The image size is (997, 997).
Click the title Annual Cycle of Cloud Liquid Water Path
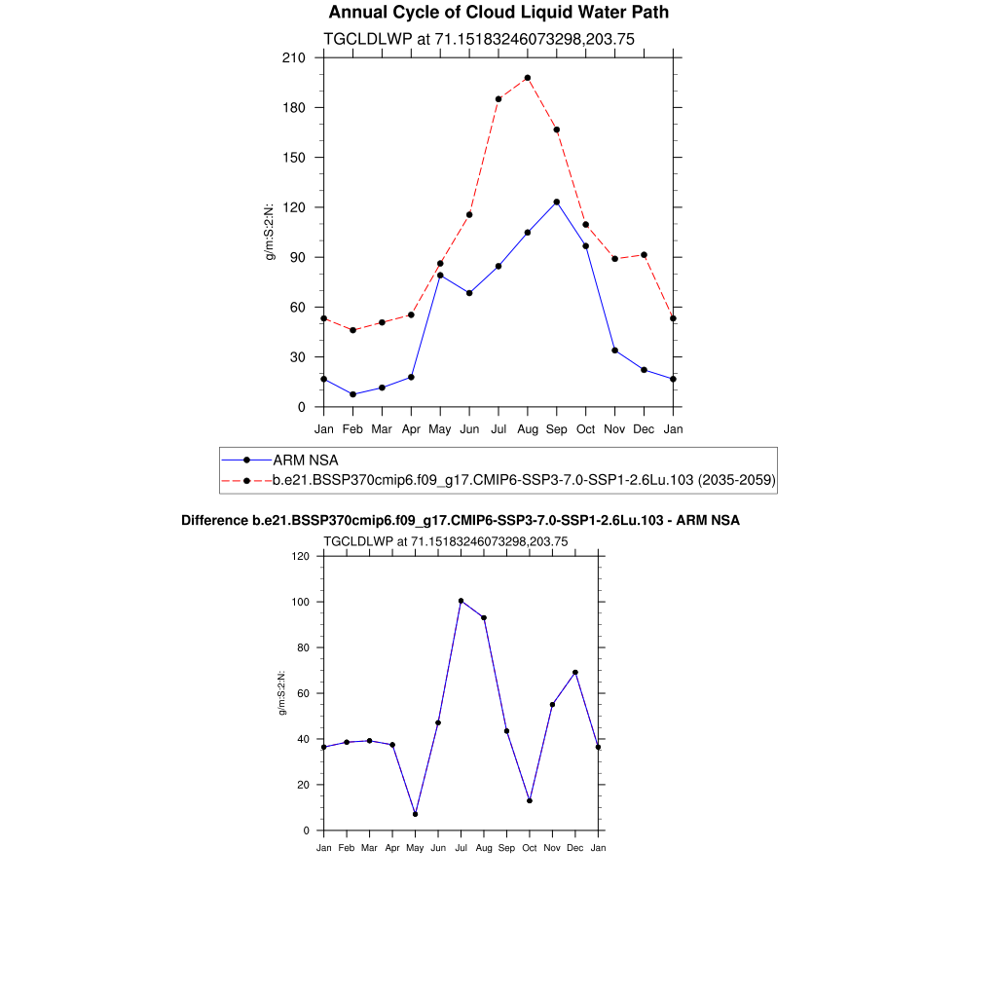[498, 13]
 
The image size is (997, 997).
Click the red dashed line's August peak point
[528, 78]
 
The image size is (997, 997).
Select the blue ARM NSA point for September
[557, 202]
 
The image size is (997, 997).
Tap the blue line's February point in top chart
[352, 394]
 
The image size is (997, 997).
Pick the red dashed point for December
[644, 255]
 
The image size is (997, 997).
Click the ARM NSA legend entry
[305, 460]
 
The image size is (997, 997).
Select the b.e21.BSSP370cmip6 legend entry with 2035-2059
[524, 480]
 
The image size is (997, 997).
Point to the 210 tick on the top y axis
[294, 57]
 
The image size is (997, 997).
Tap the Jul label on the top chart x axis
[498, 428]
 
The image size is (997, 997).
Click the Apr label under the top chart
[411, 428]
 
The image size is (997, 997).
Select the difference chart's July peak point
[461, 601]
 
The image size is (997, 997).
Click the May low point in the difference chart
[415, 814]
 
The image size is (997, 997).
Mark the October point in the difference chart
[530, 800]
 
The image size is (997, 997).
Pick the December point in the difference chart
[575, 673]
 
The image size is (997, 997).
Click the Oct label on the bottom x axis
[530, 848]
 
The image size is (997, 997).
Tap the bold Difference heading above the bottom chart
[461, 521]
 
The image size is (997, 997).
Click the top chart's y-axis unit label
[271, 233]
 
